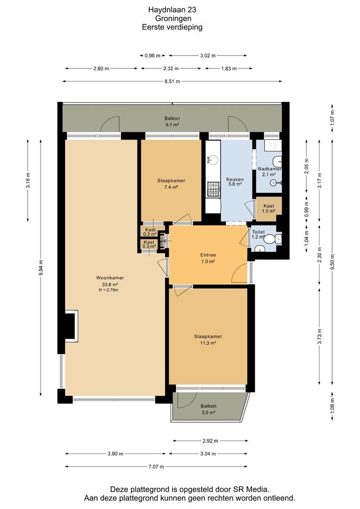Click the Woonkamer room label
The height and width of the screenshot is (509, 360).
(x=110, y=278)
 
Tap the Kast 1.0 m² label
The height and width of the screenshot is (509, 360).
(x=269, y=208)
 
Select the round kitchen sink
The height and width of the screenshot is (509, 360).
(x=213, y=159)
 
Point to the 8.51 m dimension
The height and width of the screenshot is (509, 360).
(x=172, y=82)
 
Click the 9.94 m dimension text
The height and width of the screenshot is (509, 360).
(x=41, y=268)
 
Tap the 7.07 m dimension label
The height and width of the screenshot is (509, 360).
(x=156, y=467)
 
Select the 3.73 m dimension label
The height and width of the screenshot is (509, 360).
(x=320, y=337)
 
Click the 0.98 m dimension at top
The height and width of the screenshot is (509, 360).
(x=153, y=56)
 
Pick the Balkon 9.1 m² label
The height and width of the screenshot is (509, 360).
(x=172, y=122)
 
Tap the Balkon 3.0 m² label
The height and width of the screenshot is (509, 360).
(x=208, y=410)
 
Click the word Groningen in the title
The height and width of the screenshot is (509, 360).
(x=173, y=18)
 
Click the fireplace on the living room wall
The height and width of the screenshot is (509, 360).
(x=71, y=326)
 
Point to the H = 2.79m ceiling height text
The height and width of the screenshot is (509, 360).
(x=108, y=290)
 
